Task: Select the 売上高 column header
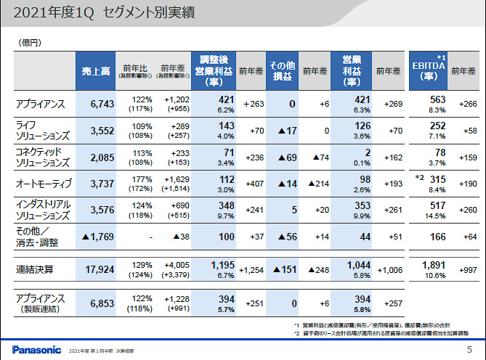click(x=95, y=70)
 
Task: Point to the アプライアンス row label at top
click(x=41, y=105)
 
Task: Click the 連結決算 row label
click(x=35, y=270)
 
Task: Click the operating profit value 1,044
click(x=358, y=266)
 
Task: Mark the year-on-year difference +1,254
click(x=251, y=270)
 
